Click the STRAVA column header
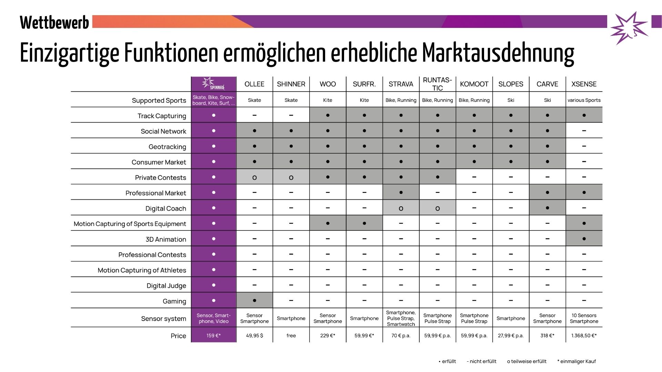point(401,84)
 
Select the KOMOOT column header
point(474,84)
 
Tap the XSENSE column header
point(584,84)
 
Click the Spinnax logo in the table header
point(213,84)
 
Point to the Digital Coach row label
point(165,208)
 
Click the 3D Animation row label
point(165,239)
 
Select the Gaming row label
point(174,301)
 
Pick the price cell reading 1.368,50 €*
point(584,335)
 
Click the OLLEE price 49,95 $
point(254,335)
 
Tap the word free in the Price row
point(291,335)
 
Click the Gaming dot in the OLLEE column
point(254,300)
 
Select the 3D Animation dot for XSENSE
point(584,239)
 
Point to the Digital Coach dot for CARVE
point(547,208)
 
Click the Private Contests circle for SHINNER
point(291,178)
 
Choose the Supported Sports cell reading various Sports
point(584,100)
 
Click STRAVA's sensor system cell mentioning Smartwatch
point(401,318)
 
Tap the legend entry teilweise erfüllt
point(526,361)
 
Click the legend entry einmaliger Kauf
point(576,361)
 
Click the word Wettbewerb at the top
point(54,23)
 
